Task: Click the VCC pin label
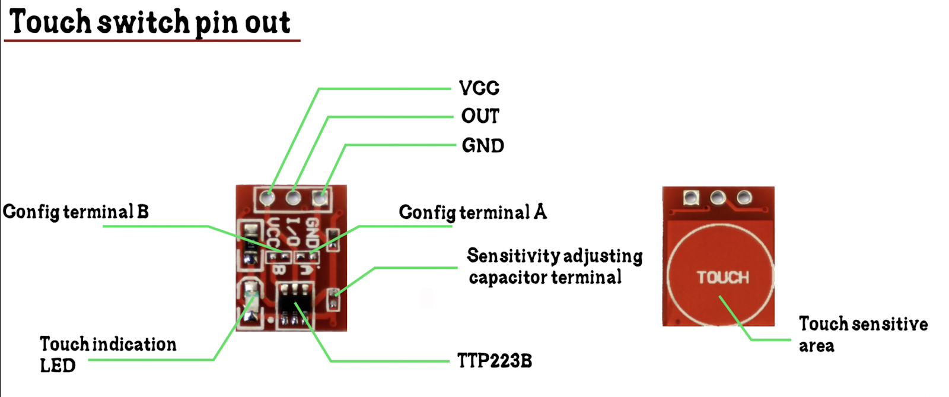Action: click(479, 88)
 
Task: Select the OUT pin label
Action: click(480, 116)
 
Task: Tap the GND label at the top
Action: click(483, 145)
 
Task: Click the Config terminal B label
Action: click(76, 212)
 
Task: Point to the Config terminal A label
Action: click(473, 212)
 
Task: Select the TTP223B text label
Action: click(494, 361)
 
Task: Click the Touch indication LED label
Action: click(107, 354)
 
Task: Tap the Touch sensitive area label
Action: click(862, 335)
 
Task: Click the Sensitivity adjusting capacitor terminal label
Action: click(554, 266)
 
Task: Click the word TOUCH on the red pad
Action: click(722, 277)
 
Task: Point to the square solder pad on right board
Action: click(691, 198)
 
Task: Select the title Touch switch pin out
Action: click(150, 23)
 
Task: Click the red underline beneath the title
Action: click(152, 40)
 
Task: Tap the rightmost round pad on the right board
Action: click(744, 197)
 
